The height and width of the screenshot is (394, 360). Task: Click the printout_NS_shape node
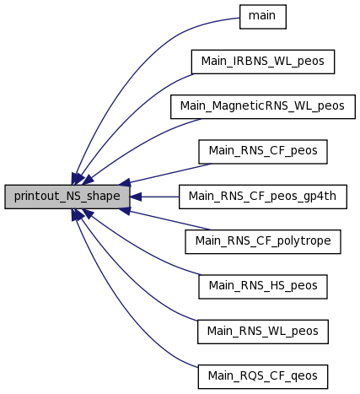coord(67,197)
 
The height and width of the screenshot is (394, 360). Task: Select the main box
coord(263,17)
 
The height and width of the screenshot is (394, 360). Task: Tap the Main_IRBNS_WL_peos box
coord(263,62)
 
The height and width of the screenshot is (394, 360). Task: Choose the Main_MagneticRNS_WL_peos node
coord(263,107)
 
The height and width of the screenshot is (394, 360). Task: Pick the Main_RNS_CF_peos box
coord(263,152)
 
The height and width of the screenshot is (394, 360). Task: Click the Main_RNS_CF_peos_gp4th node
coord(263,197)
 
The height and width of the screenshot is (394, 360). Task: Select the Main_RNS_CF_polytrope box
coord(263,242)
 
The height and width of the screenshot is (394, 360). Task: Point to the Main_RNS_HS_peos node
coord(263,287)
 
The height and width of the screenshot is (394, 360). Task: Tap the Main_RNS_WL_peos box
coord(263,332)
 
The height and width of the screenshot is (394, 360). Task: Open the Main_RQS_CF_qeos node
coord(263,377)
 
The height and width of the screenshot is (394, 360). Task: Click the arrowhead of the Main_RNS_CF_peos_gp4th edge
coord(136,197)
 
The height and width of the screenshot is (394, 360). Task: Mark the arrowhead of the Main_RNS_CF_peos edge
coord(125,183)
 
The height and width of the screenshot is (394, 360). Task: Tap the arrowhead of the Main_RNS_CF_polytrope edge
coord(125,211)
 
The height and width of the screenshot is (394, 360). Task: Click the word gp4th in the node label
coord(322,197)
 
